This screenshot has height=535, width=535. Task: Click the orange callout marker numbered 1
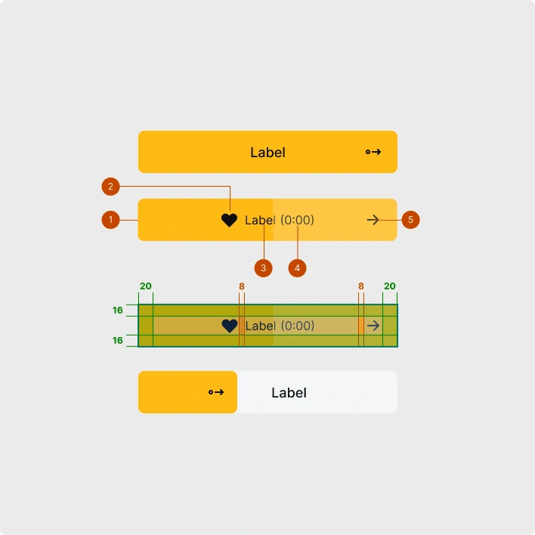coord(110,220)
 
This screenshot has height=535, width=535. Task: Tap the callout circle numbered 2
coord(110,186)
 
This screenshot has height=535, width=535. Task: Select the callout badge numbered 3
coord(263,267)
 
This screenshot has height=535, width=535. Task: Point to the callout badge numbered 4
coord(298,267)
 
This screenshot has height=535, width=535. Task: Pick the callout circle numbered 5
coord(410,220)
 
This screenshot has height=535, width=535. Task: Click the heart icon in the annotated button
coord(230,220)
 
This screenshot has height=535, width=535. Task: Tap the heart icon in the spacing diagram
coord(230,326)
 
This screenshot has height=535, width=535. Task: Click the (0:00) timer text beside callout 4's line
coord(298,220)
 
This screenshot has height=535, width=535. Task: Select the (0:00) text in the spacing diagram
coord(298,326)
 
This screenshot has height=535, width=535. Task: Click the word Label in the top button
coord(267,153)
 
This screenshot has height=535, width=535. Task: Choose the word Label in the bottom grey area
coord(289,393)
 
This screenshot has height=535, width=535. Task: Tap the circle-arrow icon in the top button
coord(373,152)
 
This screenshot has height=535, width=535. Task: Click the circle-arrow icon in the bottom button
coord(216,392)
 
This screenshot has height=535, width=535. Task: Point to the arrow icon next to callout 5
coord(373,220)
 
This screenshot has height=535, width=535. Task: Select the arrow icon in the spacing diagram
coord(373,326)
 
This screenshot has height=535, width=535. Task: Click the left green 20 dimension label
coord(146,286)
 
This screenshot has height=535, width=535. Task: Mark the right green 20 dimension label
coord(390,286)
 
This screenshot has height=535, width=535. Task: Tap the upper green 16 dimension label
coord(118,311)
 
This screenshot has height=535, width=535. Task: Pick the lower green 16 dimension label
coord(118,341)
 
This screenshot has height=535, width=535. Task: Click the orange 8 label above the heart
coord(242,286)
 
